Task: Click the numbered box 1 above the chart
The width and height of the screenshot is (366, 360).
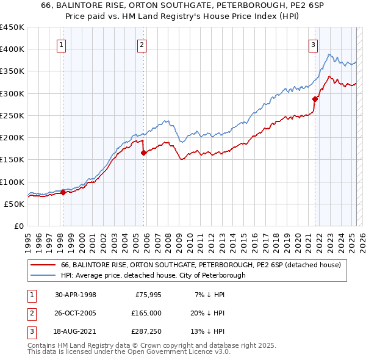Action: tap(63, 44)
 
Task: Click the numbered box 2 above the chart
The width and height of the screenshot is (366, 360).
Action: tap(142, 44)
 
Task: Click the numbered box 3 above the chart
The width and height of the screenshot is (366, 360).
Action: tap(313, 44)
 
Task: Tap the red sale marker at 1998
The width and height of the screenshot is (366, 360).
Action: tap(63, 192)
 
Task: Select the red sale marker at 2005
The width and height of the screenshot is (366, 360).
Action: tap(144, 153)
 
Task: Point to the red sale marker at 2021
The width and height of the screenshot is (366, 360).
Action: tap(315, 99)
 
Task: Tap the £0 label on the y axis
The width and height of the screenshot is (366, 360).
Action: tap(18, 226)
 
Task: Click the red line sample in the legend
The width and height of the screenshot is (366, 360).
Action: tap(43, 265)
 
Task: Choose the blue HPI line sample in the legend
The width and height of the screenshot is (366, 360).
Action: tap(43, 275)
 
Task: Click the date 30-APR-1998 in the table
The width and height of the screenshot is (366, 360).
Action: tap(76, 295)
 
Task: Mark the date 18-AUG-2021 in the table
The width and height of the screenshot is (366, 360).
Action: tap(76, 331)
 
